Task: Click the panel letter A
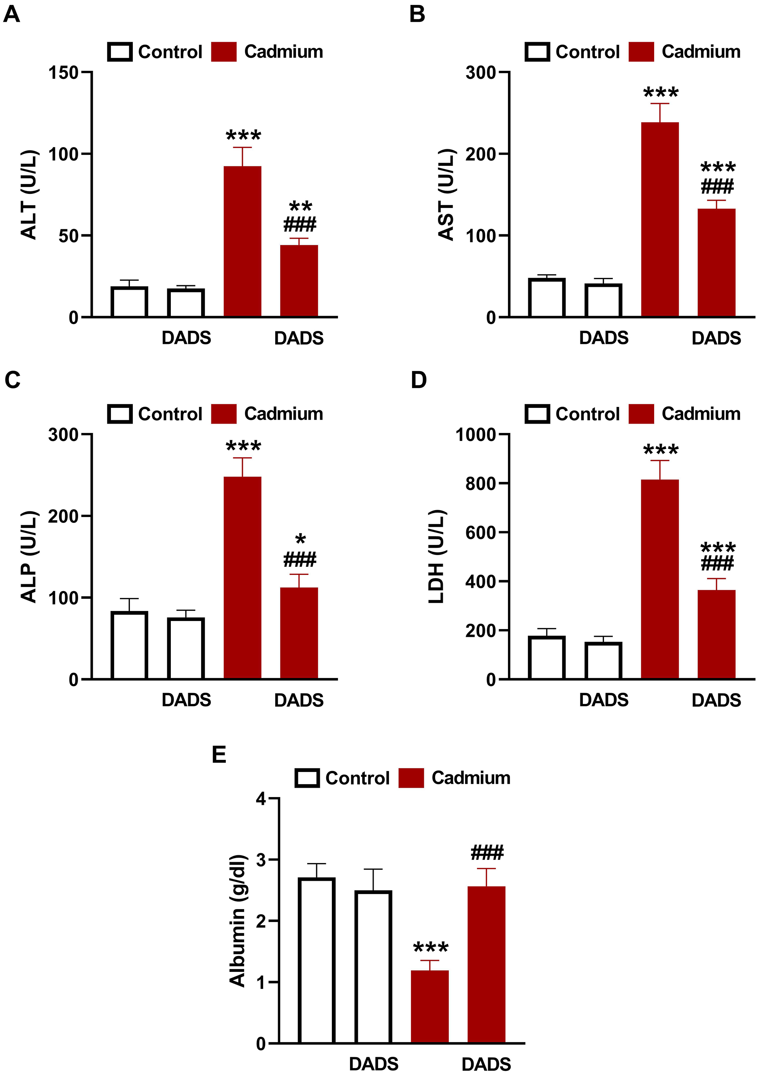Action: (12, 14)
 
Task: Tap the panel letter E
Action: (219, 755)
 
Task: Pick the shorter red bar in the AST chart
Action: (716, 263)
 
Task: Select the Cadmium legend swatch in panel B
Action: (641, 52)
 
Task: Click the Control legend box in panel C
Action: (120, 414)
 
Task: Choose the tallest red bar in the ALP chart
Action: (242, 577)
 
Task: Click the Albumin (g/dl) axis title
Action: (238, 920)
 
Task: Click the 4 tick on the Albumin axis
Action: (261, 799)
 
